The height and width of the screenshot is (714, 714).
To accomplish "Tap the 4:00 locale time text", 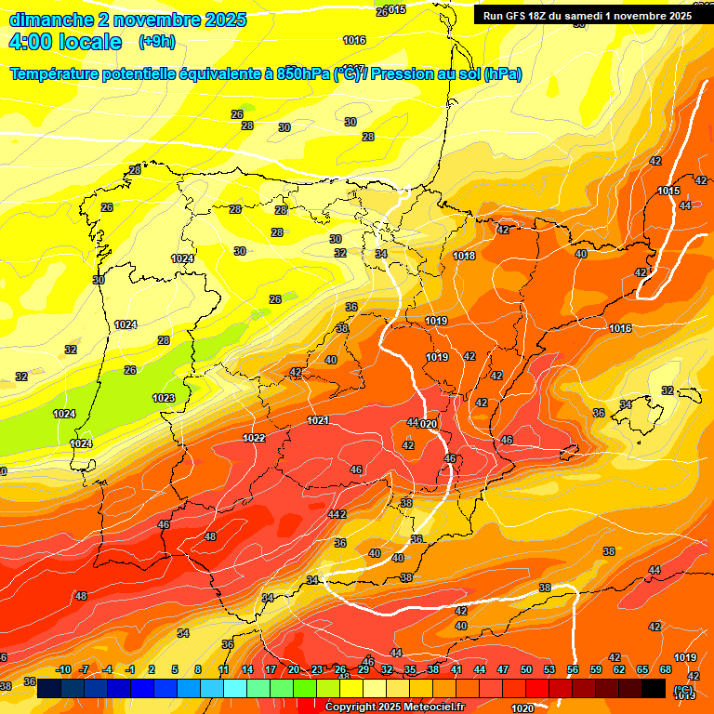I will tap(65, 42).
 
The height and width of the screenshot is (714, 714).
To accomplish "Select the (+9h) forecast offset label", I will tap(156, 42).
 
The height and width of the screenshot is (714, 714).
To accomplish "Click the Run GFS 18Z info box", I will tap(587, 15).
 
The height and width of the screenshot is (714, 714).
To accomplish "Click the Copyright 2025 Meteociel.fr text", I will tap(394, 707).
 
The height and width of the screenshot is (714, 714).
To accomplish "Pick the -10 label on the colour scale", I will tap(63, 669).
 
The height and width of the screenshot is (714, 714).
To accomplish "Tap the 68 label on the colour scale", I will tap(666, 669).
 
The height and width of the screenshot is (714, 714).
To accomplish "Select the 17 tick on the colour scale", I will tap(271, 669).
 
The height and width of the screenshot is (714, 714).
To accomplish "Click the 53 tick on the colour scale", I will tap(549, 669).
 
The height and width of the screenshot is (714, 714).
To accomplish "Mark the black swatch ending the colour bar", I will tap(654, 688).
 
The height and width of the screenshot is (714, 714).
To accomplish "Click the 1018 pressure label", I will tap(464, 257).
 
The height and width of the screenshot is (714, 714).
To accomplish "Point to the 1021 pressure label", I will tap(317, 421).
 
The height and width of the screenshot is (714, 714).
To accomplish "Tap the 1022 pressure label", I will tap(254, 438).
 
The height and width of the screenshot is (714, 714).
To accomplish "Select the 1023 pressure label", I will tap(164, 398).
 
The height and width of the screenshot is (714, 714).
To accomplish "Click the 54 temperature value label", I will tap(183, 633).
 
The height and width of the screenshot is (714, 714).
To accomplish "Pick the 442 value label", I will tap(337, 514).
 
